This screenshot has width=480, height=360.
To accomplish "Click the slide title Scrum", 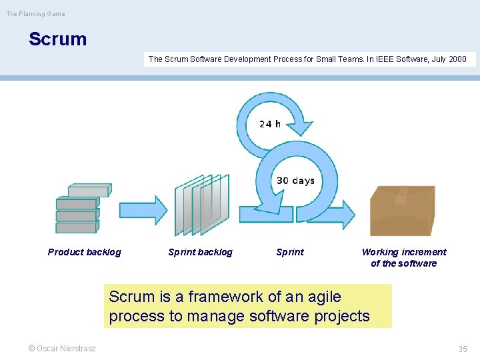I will (57, 39).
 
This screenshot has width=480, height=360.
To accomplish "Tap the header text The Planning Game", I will (36, 14).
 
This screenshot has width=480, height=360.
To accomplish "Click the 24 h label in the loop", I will (270, 124).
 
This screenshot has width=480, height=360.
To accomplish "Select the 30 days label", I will (295, 181).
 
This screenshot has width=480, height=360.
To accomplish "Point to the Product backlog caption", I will (85, 252).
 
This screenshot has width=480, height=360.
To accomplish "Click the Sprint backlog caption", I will (201, 252).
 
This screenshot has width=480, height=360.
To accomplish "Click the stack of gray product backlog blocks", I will (80, 208).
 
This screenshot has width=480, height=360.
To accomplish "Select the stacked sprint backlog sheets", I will (201, 205).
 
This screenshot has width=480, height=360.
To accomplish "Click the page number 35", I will (463, 349).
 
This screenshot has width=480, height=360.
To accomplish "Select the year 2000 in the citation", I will (457, 59).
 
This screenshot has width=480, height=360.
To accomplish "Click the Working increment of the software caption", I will (404, 257).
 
